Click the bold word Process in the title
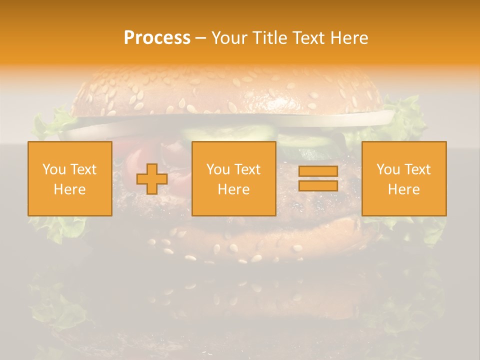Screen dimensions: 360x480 [157, 38]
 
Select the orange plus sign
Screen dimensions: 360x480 [152, 179]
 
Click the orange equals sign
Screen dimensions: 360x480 [318, 178]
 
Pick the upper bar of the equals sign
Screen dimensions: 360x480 [318, 171]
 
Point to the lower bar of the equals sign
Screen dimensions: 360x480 [318, 185]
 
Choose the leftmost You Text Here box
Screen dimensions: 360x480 [70, 179]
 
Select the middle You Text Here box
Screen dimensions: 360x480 [234, 179]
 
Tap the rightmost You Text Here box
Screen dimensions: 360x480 [404, 179]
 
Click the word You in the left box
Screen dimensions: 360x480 [53, 169]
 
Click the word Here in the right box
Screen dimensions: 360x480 [404, 189]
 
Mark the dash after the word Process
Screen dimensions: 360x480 [200, 38]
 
